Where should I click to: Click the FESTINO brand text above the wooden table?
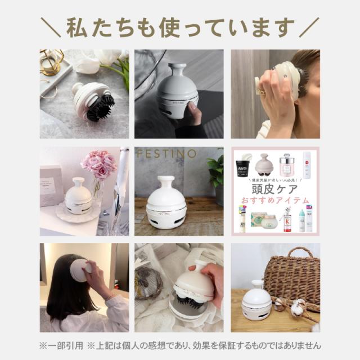coord(166,154)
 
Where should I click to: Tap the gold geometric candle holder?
coord(51,61)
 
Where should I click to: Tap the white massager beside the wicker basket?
coord(256,301)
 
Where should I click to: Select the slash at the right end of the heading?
coord(309,27)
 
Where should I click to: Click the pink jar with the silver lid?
coord(287,165)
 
